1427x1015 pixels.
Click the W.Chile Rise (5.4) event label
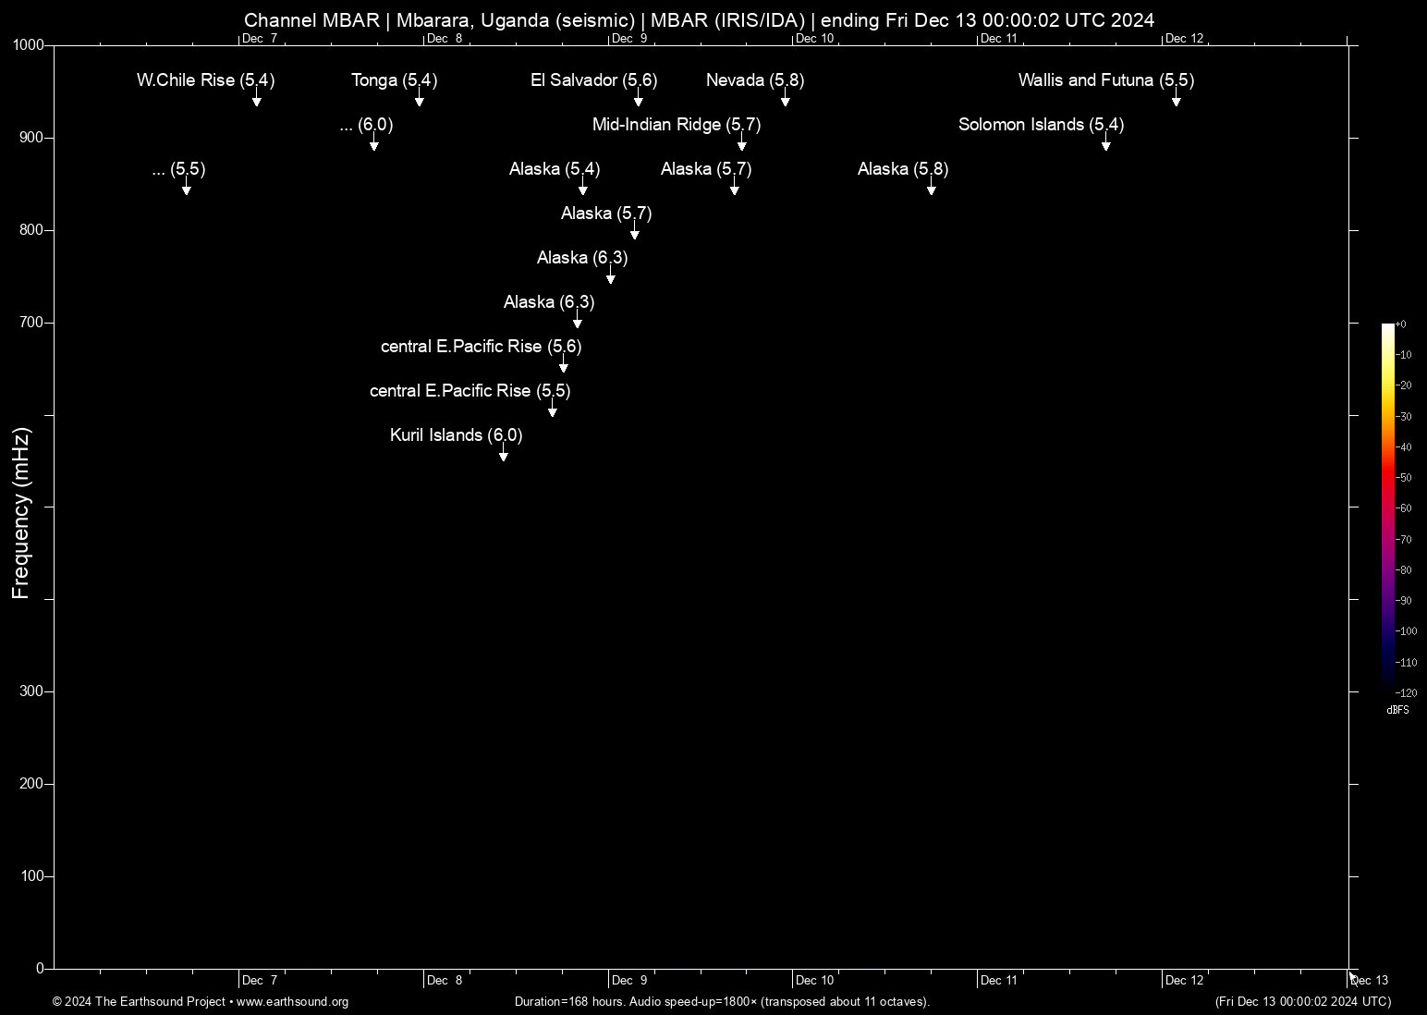tap(205, 80)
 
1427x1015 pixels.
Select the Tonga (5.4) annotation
tap(394, 80)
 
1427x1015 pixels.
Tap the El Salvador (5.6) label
tap(593, 80)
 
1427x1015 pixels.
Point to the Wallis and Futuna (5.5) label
tap(1105, 80)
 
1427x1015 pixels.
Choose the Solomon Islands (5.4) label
tap(1041, 125)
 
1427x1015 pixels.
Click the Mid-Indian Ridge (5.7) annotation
tap(676, 125)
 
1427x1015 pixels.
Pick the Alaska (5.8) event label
tap(902, 169)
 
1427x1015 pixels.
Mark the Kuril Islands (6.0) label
tap(456, 435)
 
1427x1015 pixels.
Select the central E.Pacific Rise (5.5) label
tap(470, 391)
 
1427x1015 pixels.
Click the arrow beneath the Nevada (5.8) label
tap(785, 100)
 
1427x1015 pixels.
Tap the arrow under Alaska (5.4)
tap(582, 189)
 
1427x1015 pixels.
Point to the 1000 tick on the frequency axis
tap(29, 45)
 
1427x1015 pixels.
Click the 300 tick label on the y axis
tap(32, 691)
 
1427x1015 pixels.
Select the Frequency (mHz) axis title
tap(20, 513)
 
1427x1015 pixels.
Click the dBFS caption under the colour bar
tap(1397, 710)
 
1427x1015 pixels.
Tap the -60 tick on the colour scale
tap(1404, 508)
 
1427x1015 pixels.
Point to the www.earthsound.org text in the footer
tap(292, 1002)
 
